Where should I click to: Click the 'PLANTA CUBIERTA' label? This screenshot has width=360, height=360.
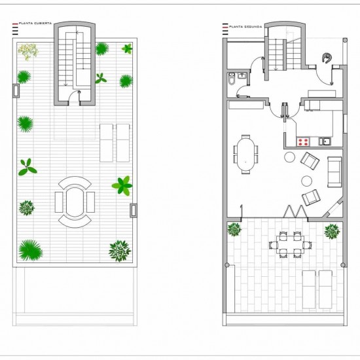[35, 24]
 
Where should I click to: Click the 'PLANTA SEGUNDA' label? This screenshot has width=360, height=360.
[245, 27]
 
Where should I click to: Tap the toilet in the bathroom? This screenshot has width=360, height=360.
[232, 79]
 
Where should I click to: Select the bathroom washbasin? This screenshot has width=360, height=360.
[242, 75]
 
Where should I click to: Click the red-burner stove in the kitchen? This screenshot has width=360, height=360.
[303, 141]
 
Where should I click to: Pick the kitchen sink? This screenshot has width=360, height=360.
[325, 141]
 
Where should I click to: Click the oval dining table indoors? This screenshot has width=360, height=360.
[245, 154]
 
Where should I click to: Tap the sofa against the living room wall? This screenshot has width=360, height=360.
[334, 171]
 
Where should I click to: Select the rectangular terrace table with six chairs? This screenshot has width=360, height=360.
[290, 245]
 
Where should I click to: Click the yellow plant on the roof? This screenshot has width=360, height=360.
[28, 52]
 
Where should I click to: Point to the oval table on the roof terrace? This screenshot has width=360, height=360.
[75, 202]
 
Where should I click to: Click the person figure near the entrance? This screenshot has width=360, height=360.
[327, 58]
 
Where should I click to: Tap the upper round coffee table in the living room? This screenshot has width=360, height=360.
[290, 157]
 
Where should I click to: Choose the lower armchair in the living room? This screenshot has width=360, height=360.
[311, 197]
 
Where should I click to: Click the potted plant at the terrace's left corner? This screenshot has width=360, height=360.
[234, 230]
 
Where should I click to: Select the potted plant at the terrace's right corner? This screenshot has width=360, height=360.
[332, 232]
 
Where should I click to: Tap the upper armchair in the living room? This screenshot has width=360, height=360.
[310, 161]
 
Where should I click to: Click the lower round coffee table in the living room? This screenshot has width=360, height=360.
[307, 181]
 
